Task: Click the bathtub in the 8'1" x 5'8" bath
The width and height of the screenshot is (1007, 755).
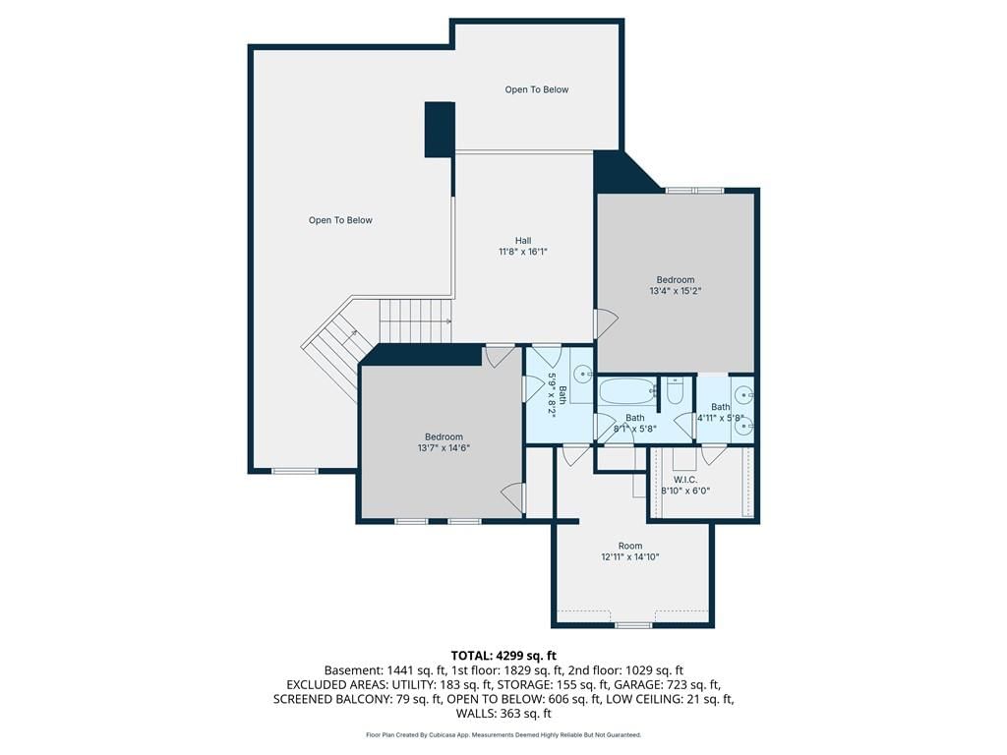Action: coord(627,390)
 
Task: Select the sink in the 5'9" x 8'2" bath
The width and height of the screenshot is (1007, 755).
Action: coord(583,373)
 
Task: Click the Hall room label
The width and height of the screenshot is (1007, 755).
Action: coord(523,241)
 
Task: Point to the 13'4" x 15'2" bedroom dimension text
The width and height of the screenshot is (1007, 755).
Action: coord(675,291)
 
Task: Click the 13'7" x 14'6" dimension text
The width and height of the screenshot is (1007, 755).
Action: coord(444,448)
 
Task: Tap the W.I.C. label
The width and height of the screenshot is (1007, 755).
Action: coord(685,480)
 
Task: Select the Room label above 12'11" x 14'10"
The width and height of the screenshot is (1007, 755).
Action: coord(630,546)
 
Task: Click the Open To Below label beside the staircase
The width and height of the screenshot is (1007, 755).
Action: coord(340,220)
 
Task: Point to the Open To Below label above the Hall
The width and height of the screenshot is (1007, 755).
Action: coord(536,89)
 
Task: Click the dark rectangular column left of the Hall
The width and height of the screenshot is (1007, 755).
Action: coord(440,129)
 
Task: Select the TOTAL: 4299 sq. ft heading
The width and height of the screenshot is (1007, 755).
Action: coord(503,656)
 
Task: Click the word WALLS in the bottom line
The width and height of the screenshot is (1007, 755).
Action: coord(476,714)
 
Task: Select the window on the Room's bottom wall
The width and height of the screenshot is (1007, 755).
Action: coord(633,624)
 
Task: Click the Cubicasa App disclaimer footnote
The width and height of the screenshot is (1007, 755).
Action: coord(503,734)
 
